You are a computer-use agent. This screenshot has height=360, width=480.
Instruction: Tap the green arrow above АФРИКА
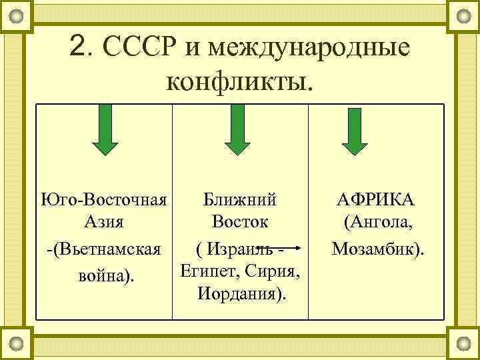click(x=354, y=130)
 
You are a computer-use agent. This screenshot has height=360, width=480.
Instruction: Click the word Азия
click(x=104, y=221)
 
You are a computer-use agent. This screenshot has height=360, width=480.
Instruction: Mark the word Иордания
click(x=239, y=293)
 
